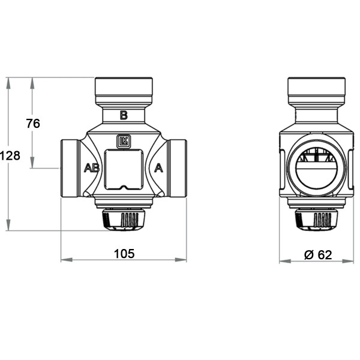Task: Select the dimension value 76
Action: click(x=33, y=124)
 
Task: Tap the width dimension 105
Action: click(x=124, y=253)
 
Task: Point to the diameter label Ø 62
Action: click(x=317, y=254)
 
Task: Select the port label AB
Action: click(x=91, y=168)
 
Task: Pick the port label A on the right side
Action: click(x=159, y=168)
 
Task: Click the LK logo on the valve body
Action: click(x=124, y=140)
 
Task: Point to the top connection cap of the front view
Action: click(x=124, y=91)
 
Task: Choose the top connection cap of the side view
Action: click(x=314, y=91)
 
